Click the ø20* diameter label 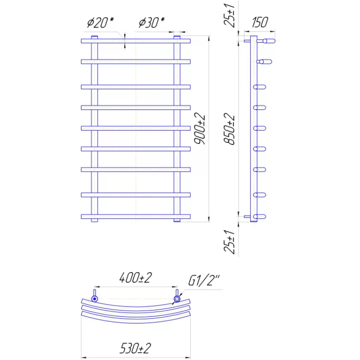coord(100,23)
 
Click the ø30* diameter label coord(152,23)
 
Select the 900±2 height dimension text coord(199,129)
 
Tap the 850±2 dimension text coord(229,129)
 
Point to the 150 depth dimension coord(260,22)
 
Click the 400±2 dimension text coord(135,278)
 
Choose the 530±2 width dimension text coord(135,348)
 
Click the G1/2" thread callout coord(204,280)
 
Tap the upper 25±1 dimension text coord(229,16)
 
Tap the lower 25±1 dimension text coord(229,242)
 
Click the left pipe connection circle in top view coord(94,299)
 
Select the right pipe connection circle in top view coord(177,299)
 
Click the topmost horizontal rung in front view coord(136,41)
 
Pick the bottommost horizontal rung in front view coord(136,216)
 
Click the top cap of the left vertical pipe coord(94,37)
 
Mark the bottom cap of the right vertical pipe coord(177,220)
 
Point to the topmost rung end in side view coord(269,41)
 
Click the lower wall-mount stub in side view coord(247,216)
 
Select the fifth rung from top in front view coord(136,128)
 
